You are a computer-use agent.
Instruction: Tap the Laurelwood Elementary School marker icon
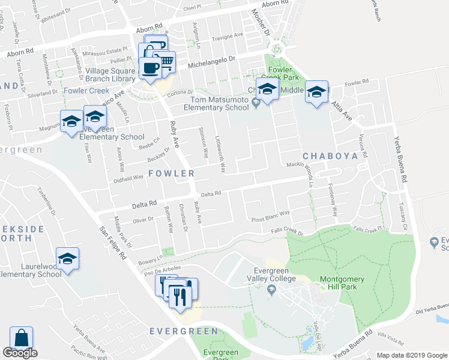[x=68, y=259]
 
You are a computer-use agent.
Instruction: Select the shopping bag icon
[x=21, y=338]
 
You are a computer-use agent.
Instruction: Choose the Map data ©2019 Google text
[x=411, y=355]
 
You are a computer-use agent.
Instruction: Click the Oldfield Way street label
[x=128, y=178]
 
